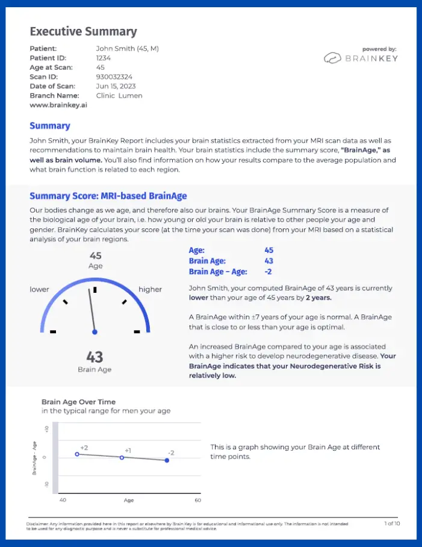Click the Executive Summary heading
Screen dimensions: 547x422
click(x=83, y=31)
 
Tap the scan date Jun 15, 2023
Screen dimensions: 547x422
click(x=117, y=86)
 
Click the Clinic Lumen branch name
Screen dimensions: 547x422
click(x=119, y=95)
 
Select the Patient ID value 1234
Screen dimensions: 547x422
click(x=104, y=58)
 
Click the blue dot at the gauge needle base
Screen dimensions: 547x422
click(x=95, y=332)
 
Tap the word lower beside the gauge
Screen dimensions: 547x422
click(x=40, y=289)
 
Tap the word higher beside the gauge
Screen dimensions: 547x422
click(x=150, y=289)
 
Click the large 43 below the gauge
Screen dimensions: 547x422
click(x=95, y=356)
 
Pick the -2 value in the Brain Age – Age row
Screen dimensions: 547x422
click(x=268, y=272)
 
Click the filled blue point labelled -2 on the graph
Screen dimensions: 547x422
click(x=167, y=461)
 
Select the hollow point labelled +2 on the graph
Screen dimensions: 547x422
click(x=77, y=454)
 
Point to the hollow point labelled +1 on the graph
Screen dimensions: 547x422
click(x=122, y=457)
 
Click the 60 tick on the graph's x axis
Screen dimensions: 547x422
click(x=196, y=500)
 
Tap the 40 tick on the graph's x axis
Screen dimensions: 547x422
click(x=63, y=500)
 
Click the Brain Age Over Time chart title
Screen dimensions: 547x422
click(x=78, y=402)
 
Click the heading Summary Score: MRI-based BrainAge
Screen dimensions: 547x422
click(x=108, y=196)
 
